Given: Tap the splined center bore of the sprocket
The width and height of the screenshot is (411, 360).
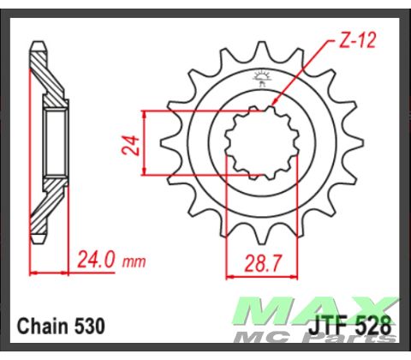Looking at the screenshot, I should point(256,142).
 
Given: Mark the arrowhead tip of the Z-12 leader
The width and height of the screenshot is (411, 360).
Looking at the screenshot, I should point(272,105).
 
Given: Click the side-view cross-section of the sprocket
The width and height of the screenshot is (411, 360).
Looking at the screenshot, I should point(47,142).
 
